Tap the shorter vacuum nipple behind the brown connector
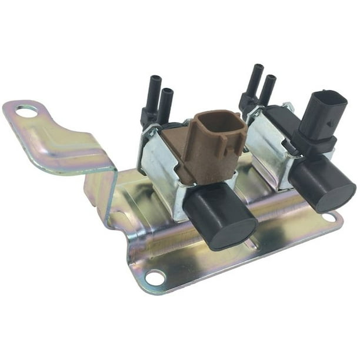click(x=166, y=104)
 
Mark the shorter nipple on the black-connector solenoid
click(x=269, y=89)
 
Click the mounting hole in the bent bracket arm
click(x=26, y=109)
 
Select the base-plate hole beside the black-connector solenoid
click(x=329, y=217)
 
